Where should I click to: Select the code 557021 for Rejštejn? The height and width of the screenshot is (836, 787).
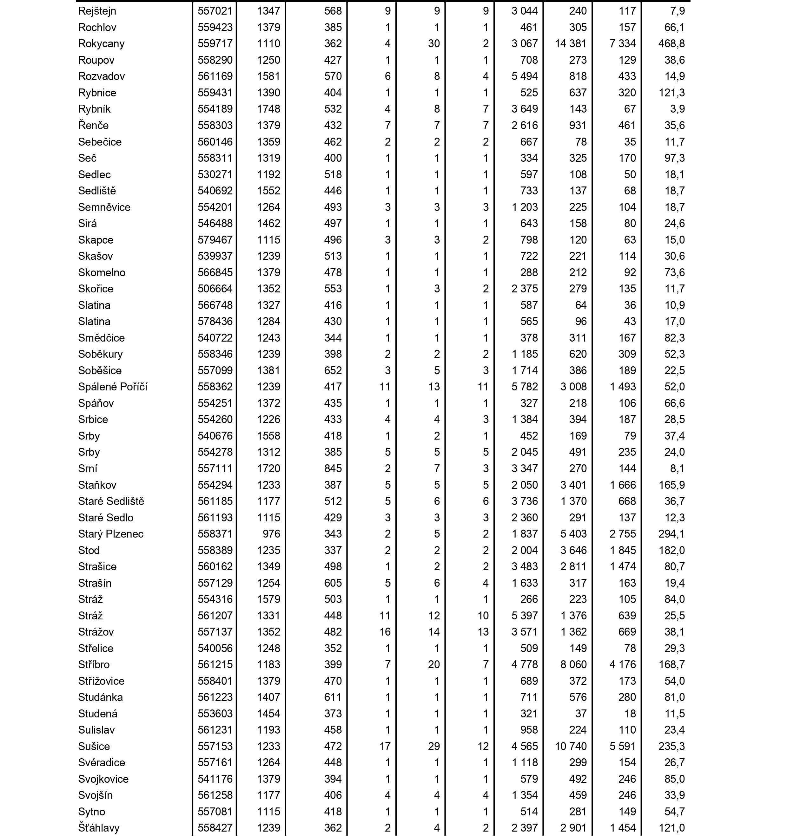(x=215, y=11)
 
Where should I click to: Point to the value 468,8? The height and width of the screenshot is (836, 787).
(x=672, y=44)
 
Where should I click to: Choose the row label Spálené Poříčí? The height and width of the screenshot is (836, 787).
(x=113, y=387)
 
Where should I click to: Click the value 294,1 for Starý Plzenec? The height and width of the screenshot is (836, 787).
(x=672, y=534)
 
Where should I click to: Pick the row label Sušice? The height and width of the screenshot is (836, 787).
(x=94, y=747)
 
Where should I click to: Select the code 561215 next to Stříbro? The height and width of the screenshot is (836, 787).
(x=215, y=665)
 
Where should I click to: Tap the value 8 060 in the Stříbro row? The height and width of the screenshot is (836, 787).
(x=574, y=665)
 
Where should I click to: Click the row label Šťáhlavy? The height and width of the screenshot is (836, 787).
(x=99, y=828)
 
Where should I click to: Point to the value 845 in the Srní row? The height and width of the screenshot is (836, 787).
(x=333, y=468)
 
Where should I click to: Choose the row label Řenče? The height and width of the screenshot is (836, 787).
(x=93, y=125)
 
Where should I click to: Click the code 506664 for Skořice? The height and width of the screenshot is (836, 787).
(x=215, y=289)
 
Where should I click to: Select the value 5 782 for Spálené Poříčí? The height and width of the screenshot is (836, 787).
(x=525, y=387)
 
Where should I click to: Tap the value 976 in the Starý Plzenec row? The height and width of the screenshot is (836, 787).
(x=271, y=534)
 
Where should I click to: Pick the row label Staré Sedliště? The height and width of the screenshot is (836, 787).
(x=111, y=501)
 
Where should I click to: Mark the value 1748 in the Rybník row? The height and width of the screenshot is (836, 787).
(x=268, y=109)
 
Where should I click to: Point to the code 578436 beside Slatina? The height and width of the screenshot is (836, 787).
(x=215, y=322)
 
